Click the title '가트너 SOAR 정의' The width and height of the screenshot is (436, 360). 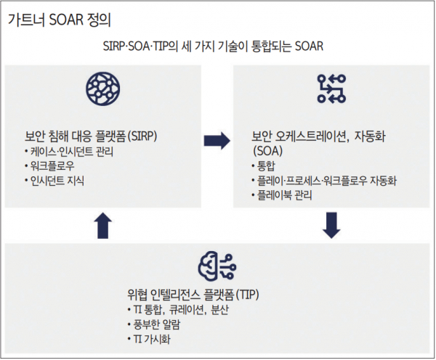point(60,20)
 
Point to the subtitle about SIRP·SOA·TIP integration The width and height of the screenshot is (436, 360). point(213,46)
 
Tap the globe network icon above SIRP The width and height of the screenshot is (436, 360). point(103,89)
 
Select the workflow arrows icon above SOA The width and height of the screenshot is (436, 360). point(331,89)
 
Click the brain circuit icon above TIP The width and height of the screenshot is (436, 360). point(217,266)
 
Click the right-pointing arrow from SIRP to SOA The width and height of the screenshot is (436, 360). point(217,141)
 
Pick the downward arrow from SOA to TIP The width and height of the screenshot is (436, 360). point(331,225)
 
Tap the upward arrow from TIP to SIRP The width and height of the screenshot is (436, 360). point(103,226)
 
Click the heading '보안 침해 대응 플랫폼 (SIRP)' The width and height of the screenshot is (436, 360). point(91,136)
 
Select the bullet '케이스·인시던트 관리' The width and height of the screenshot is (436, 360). point(69,152)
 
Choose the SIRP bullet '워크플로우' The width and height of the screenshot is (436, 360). point(49,166)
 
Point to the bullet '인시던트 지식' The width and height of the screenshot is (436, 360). point(54,181)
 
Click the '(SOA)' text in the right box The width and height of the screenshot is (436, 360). point(267,151)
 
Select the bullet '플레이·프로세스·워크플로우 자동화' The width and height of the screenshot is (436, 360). point(324,181)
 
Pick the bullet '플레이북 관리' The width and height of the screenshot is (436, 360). point(282,195)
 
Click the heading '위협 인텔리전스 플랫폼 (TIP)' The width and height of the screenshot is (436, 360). point(193,295)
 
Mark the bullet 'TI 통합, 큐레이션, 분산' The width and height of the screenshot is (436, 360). point(178,310)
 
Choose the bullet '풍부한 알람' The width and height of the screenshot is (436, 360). point(154,324)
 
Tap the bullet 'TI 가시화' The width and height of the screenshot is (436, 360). point(149,339)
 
